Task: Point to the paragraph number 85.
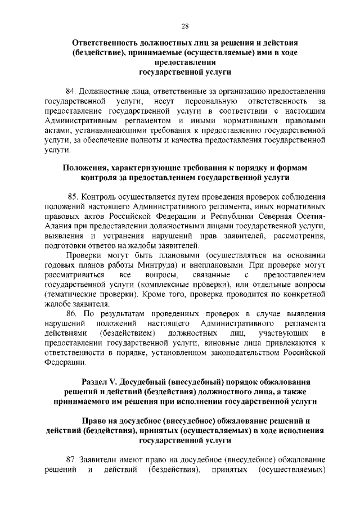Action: tap(73, 197)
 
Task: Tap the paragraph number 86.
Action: tap(72, 313)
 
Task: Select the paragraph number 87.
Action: tap(71, 459)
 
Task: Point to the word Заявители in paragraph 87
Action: tap(98, 459)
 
